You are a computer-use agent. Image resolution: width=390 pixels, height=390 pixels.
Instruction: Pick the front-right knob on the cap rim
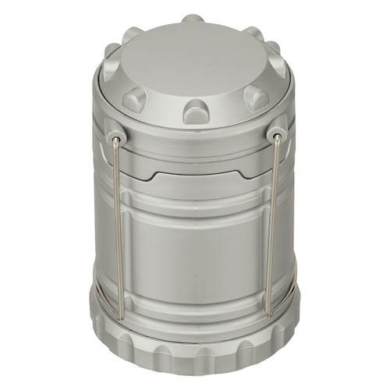click(x=255, y=97)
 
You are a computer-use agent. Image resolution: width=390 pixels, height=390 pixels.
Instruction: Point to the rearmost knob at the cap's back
click(x=193, y=18)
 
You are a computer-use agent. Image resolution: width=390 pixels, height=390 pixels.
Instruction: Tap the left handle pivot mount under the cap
click(x=116, y=137)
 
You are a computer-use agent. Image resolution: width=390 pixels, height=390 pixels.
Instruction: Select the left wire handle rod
click(x=117, y=226)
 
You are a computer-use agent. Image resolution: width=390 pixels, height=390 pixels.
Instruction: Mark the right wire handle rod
click(x=272, y=226)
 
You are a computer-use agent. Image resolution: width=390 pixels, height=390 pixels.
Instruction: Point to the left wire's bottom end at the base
click(x=121, y=315)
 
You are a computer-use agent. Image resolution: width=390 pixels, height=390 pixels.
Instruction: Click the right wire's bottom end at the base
click(x=268, y=314)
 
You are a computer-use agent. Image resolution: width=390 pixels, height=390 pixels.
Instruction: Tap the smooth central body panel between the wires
click(x=195, y=250)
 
